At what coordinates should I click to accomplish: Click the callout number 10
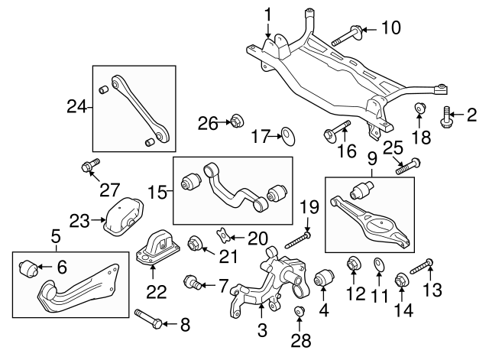[390, 29]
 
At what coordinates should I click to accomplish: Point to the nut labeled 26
[236, 120]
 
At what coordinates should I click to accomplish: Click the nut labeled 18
[420, 110]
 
